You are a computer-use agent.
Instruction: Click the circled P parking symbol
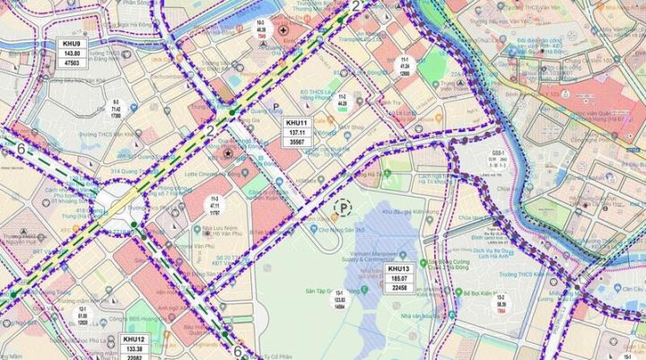tap(342, 208)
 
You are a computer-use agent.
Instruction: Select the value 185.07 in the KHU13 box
tap(399, 278)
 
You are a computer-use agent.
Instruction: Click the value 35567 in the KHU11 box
tap(296, 142)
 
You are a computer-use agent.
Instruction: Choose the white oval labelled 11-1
tap(405, 64)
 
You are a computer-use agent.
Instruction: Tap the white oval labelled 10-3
tap(260, 28)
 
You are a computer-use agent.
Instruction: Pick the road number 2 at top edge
tap(356, 7)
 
